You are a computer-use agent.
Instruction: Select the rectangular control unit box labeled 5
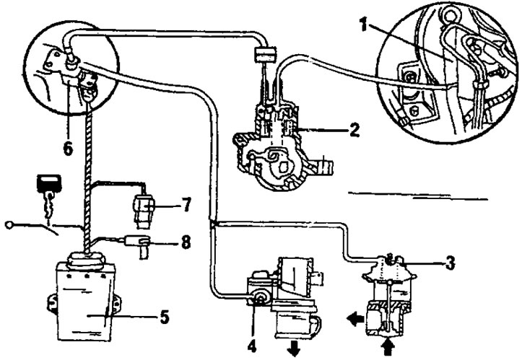(83, 299)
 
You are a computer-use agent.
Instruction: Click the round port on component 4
(256, 296)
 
